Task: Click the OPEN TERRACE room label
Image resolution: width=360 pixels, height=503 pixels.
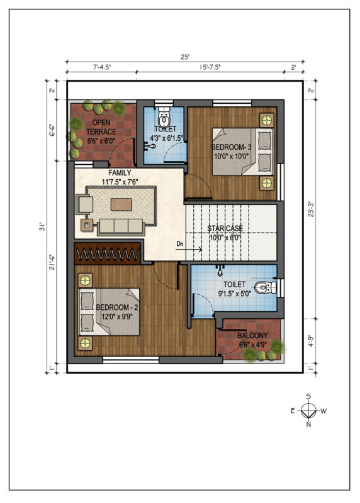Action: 101,127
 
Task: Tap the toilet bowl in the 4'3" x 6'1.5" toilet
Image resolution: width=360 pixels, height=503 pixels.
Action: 164,118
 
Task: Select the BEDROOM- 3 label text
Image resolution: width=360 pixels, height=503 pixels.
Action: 232,147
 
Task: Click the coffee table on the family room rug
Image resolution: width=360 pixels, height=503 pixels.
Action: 121,204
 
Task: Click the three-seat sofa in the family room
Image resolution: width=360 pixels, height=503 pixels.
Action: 120,226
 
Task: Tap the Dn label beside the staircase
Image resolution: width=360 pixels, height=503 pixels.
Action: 180,244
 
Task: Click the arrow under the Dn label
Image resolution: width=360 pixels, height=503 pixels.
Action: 194,249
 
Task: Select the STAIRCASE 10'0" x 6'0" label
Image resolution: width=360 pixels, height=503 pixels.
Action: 225,233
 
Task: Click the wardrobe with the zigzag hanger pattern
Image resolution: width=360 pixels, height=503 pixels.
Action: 108,253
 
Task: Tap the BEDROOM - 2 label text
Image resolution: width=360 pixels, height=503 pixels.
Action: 117,307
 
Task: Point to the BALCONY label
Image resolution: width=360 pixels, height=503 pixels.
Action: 252,336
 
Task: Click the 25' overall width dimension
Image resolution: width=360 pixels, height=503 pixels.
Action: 185,57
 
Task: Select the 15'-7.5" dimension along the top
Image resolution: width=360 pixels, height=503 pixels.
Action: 210,67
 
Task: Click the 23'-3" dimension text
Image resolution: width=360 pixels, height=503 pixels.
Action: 310,209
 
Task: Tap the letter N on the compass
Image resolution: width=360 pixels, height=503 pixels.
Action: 308,424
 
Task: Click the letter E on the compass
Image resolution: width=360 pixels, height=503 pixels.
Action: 293,411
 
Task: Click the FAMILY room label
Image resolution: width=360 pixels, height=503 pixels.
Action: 120,173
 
